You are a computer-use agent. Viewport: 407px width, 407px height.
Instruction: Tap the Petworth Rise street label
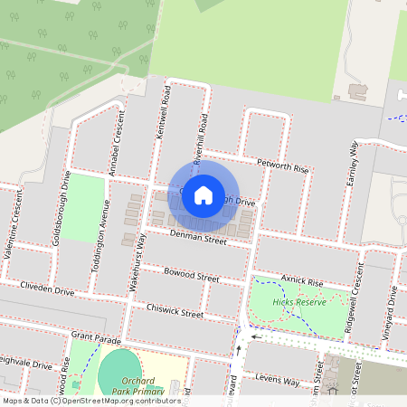[282, 167]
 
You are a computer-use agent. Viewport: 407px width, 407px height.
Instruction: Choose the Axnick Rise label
[301, 282]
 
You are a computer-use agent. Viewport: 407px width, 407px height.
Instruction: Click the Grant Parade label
[95, 339]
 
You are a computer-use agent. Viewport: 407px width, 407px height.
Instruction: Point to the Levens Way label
[277, 381]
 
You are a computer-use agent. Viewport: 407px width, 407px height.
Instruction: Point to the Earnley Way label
[353, 165]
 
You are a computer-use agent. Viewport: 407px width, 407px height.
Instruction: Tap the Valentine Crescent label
[16, 231]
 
